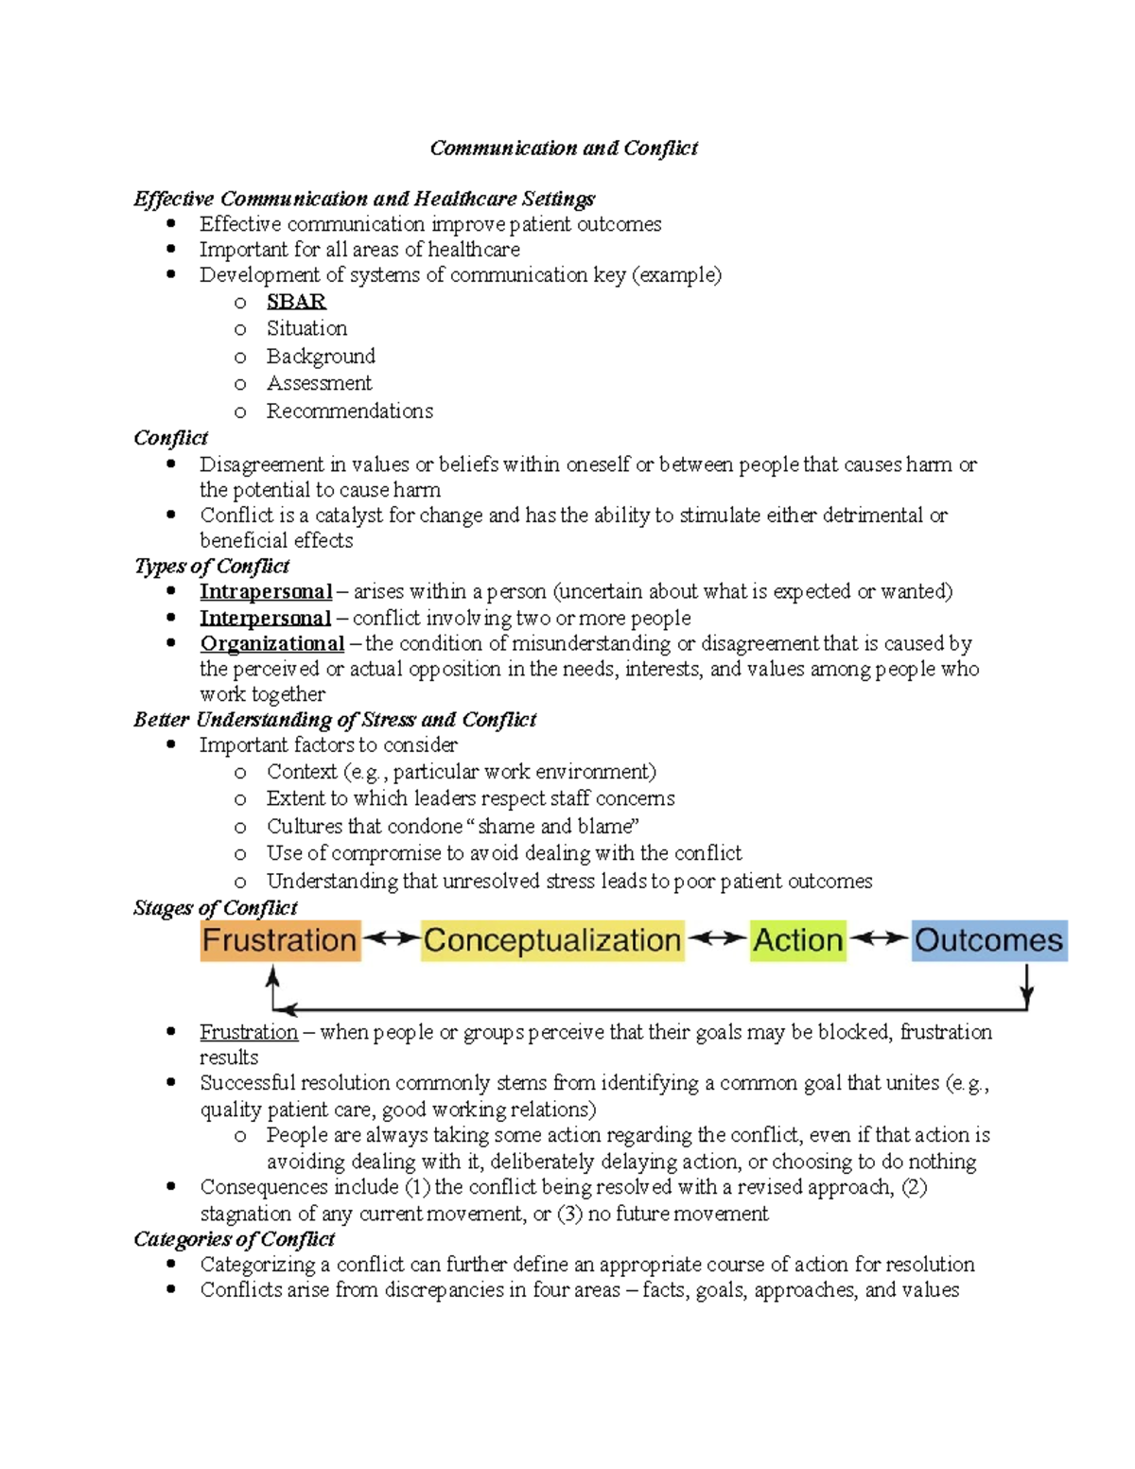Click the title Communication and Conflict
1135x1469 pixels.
tap(564, 148)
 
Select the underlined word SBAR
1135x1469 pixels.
tap(296, 302)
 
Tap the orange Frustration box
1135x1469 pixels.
tap(280, 940)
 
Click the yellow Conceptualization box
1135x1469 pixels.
tap(551, 940)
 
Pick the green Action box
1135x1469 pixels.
tap(797, 940)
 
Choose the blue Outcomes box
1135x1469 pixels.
tap(988, 940)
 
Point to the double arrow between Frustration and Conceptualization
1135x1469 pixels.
tap(391, 939)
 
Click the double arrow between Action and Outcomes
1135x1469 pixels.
tap(879, 939)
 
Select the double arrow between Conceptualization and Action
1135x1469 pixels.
tap(717, 939)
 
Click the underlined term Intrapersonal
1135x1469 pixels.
tap(266, 592)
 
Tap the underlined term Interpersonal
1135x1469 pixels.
tap(265, 619)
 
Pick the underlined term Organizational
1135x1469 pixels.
tap(271, 644)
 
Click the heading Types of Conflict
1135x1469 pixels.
tap(212, 567)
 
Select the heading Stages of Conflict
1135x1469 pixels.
tap(216, 908)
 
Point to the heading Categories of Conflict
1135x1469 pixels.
tap(235, 1239)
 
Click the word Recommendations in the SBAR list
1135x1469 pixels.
tap(350, 411)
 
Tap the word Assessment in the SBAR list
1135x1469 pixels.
tap(319, 383)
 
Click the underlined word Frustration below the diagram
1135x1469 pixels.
tap(249, 1032)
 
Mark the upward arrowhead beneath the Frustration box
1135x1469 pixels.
tap(272, 974)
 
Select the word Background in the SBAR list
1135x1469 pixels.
tap(321, 357)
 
